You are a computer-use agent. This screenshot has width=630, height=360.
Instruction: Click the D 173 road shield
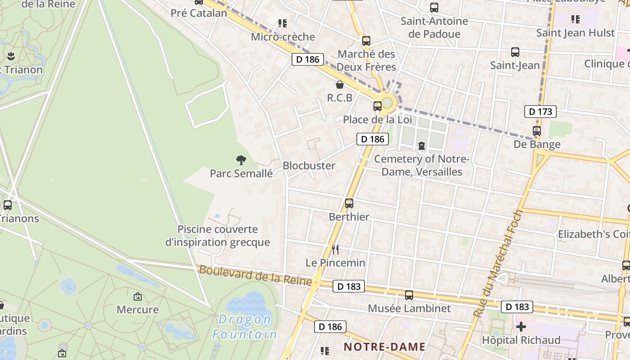(x=540, y=112)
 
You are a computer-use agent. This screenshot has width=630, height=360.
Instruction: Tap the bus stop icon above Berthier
(x=349, y=203)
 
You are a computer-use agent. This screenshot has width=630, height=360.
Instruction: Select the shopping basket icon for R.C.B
(x=340, y=85)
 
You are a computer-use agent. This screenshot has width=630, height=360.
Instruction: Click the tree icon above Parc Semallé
(x=241, y=160)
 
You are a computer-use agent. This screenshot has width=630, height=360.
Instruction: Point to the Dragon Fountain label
(x=244, y=327)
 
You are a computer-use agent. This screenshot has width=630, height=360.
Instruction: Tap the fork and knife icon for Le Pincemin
(x=335, y=249)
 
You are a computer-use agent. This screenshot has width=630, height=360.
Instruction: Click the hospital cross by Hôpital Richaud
(x=521, y=326)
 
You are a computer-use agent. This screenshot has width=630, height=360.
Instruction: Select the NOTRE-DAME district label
(x=385, y=346)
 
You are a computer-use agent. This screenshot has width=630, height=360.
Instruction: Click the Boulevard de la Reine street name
(x=255, y=275)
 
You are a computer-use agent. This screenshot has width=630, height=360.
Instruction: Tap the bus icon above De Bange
(x=537, y=131)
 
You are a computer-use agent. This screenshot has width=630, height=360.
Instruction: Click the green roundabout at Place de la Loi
(x=387, y=103)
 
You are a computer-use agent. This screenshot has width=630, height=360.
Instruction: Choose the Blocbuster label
(x=309, y=166)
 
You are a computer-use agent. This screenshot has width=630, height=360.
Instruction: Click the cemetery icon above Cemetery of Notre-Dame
(x=422, y=146)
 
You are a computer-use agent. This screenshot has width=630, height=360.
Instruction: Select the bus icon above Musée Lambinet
(x=409, y=295)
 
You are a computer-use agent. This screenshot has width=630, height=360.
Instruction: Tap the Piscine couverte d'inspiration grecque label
(x=217, y=236)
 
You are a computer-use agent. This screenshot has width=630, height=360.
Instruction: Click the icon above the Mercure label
(x=138, y=297)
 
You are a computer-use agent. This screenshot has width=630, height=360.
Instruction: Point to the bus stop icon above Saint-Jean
(x=515, y=52)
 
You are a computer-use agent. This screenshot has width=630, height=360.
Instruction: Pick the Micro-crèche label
(x=283, y=37)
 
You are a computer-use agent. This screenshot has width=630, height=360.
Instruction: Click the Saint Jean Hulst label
(x=575, y=33)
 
